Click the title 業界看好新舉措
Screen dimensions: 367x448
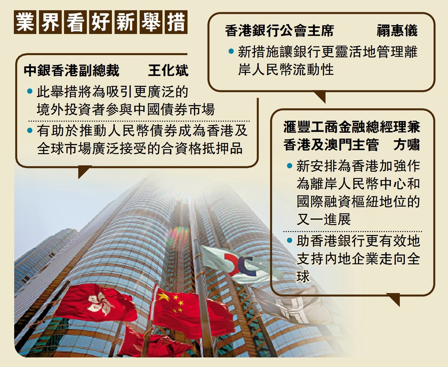[x=101, y=22]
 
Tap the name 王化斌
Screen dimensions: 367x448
[x=168, y=71]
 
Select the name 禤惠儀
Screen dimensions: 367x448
[x=397, y=31]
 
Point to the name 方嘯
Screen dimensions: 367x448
[x=406, y=145]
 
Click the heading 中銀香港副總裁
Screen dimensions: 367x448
[x=72, y=71]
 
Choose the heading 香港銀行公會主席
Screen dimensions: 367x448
[x=279, y=31]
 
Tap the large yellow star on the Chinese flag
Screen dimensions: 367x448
[x=164, y=297]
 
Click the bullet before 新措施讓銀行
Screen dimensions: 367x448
[x=231, y=52]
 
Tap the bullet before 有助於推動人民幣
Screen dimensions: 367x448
[x=30, y=131]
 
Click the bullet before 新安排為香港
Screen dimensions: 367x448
[x=290, y=166]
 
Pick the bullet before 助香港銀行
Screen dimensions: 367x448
[x=290, y=241]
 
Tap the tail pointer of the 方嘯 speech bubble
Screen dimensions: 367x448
[x=395, y=299]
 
